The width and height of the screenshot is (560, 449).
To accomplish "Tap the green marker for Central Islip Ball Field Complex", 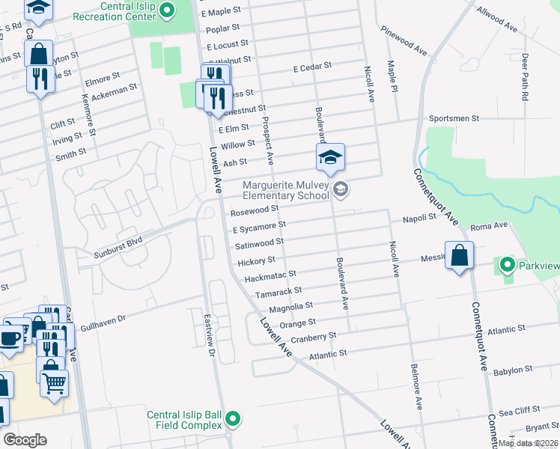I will click(233, 419).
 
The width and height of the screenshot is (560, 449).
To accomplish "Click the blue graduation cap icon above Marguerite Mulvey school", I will click(329, 158).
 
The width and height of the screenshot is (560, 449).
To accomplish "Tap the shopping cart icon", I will click(54, 382).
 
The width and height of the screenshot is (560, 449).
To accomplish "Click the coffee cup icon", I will click(10, 337).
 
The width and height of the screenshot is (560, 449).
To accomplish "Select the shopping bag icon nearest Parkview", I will click(459, 255).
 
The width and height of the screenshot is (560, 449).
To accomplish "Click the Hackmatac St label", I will click(271, 275).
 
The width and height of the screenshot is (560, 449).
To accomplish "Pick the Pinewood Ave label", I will click(403, 41).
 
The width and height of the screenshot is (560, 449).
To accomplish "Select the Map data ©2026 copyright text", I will click(528, 443).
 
